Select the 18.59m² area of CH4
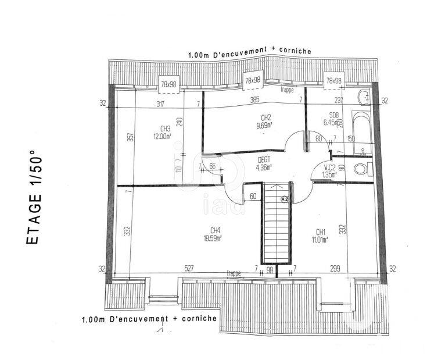point(216,238)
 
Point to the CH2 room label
point(267,117)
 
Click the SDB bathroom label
point(334,115)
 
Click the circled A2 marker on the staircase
point(284,198)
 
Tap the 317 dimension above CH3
point(161,104)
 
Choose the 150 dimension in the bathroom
point(350,138)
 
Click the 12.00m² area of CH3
point(162,137)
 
